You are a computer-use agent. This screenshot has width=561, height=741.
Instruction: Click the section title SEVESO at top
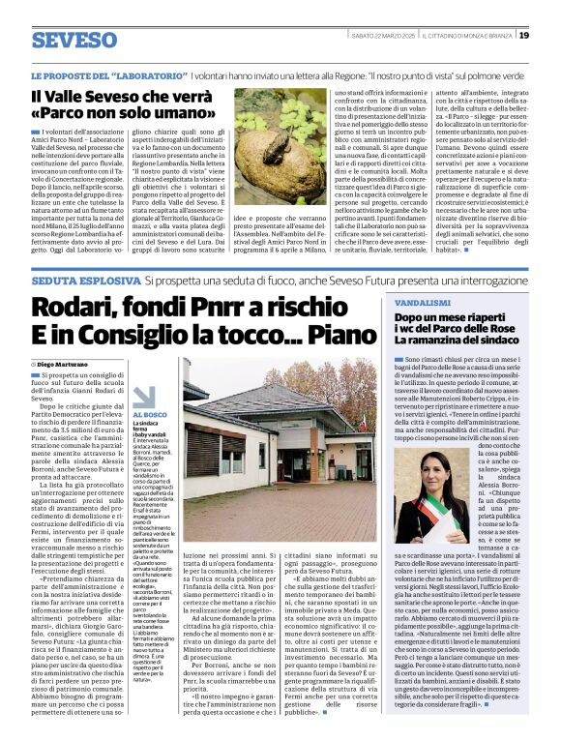(x=74, y=41)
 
